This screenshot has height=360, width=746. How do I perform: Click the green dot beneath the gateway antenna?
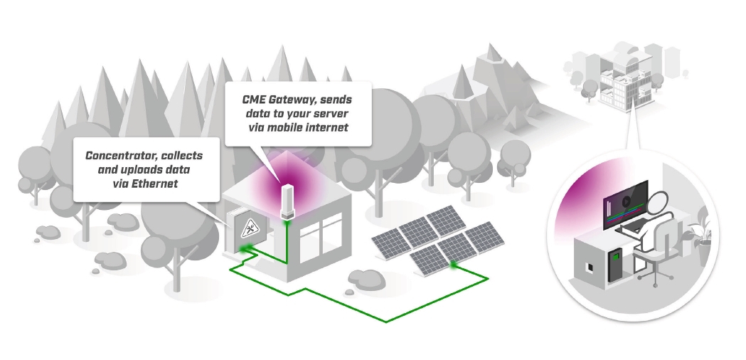pyautogui.click(x=287, y=222)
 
